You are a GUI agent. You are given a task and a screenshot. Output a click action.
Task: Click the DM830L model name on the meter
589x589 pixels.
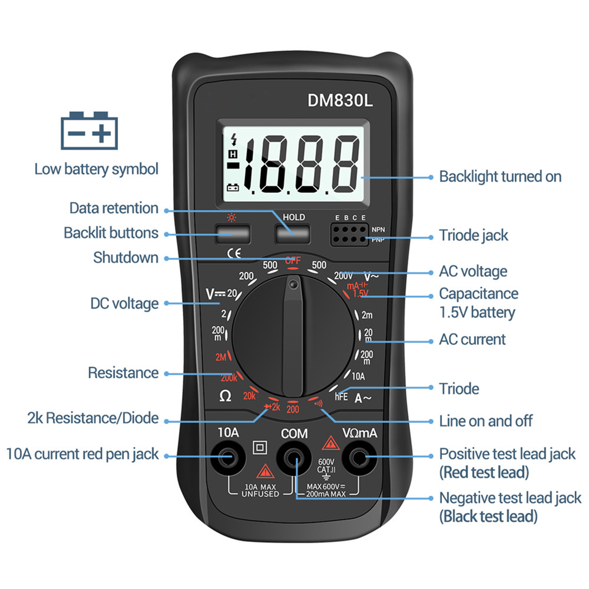[x=340, y=100]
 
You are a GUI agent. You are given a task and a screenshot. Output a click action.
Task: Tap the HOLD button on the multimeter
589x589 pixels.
[x=292, y=234]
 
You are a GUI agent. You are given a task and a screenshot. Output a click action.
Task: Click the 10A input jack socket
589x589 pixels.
[x=228, y=458]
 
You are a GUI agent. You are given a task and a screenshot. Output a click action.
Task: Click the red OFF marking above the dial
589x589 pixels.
[x=293, y=260]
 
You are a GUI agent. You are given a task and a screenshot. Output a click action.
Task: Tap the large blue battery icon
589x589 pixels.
[x=89, y=131]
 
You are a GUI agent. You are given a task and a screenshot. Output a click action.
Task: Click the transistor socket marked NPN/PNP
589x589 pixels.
[x=349, y=234]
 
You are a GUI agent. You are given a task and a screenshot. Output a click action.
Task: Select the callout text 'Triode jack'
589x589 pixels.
[x=473, y=235]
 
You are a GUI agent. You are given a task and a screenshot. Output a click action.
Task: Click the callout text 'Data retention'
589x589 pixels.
[x=114, y=208]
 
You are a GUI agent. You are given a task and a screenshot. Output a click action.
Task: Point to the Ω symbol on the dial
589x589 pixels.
[x=225, y=396]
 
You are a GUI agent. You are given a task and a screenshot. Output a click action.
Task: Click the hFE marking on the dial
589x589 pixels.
[x=341, y=397]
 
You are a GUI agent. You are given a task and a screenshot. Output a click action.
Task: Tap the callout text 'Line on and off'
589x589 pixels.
[x=486, y=421]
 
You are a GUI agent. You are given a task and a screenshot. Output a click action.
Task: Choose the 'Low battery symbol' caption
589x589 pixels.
[x=96, y=169]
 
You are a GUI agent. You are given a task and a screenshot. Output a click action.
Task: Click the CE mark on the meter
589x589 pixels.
[x=234, y=253]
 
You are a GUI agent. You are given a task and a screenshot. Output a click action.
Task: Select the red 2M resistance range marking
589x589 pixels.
[x=221, y=357]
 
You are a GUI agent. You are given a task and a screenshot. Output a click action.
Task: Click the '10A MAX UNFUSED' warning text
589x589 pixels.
[x=260, y=490]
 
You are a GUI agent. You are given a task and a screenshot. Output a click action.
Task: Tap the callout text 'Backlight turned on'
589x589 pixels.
[x=500, y=177]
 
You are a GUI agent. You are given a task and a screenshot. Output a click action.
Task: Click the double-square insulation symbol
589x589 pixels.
[x=260, y=447]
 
